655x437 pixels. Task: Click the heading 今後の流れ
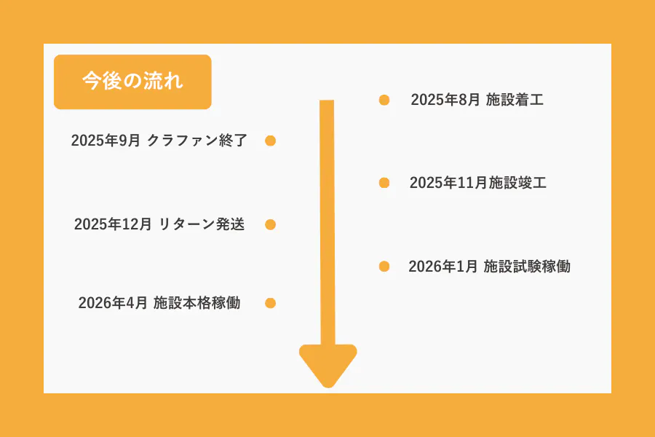(132, 81)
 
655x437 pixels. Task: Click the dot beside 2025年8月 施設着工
(384, 100)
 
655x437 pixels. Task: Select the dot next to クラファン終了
(270, 141)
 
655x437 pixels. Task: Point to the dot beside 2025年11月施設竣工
(384, 183)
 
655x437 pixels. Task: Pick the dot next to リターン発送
(270, 224)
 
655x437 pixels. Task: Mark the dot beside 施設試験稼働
(384, 267)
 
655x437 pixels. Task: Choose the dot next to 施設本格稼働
(270, 303)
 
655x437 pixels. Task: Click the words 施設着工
(515, 100)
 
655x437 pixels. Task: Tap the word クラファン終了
(197, 141)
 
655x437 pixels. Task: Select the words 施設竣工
(517, 183)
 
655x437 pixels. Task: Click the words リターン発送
(202, 224)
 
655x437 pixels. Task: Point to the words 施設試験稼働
(527, 267)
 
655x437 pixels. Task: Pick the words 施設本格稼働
(196, 303)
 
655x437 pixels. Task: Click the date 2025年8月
(445, 100)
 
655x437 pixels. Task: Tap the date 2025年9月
(106, 141)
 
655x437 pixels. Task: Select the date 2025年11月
(448, 183)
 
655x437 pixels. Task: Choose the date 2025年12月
(113, 224)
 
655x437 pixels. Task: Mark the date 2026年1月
(442, 267)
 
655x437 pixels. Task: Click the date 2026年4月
(113, 303)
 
